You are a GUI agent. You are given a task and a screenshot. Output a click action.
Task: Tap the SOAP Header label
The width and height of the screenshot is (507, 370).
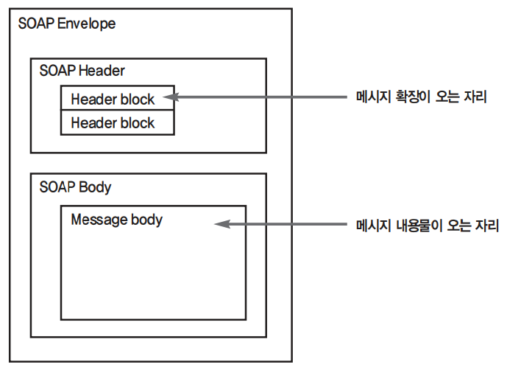point(82,71)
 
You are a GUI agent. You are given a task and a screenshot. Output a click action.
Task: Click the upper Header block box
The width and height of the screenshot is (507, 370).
point(117,98)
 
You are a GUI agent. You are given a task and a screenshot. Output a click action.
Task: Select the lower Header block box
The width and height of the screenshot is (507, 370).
point(117,123)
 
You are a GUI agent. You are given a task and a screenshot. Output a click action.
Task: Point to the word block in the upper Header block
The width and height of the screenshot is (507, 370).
point(138,99)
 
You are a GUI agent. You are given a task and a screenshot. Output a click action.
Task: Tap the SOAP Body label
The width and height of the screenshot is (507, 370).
point(75,187)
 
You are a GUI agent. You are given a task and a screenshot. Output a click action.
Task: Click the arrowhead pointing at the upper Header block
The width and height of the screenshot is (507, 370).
point(171,97)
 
